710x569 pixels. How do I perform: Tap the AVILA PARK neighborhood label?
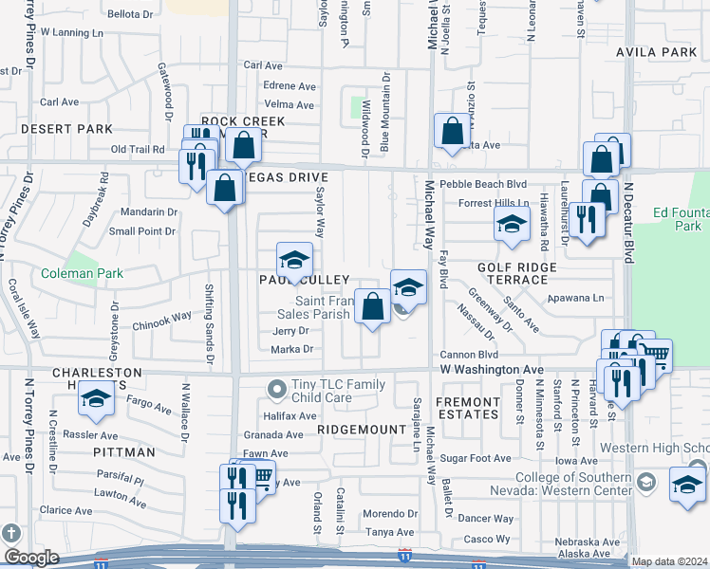[x=656, y=51]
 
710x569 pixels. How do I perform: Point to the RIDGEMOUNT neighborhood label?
[x=354, y=430]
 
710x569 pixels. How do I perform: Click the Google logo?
[x=31, y=558]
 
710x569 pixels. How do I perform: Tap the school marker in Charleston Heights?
[x=96, y=402]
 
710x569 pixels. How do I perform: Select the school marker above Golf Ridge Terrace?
[x=511, y=226]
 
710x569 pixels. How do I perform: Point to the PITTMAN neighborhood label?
[x=124, y=452]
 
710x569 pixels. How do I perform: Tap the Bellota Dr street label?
[x=130, y=14]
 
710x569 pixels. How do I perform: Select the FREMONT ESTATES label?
[x=467, y=409]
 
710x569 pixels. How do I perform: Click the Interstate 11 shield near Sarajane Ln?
[x=405, y=549]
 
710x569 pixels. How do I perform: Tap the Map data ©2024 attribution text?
[x=669, y=561]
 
